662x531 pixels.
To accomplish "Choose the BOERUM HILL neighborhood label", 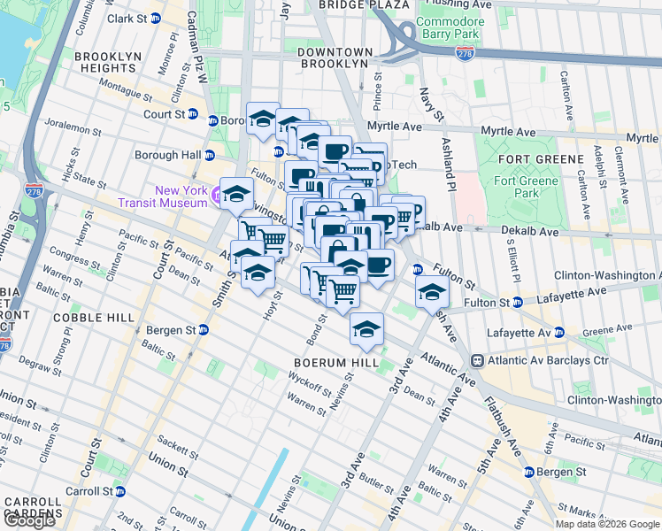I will coord(337,363).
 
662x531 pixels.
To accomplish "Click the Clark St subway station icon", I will coord(156,19).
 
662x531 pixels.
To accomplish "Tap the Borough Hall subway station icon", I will coord(210,155).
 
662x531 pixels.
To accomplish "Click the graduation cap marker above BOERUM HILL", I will coord(366,329).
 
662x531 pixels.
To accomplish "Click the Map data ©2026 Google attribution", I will coord(606,524).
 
